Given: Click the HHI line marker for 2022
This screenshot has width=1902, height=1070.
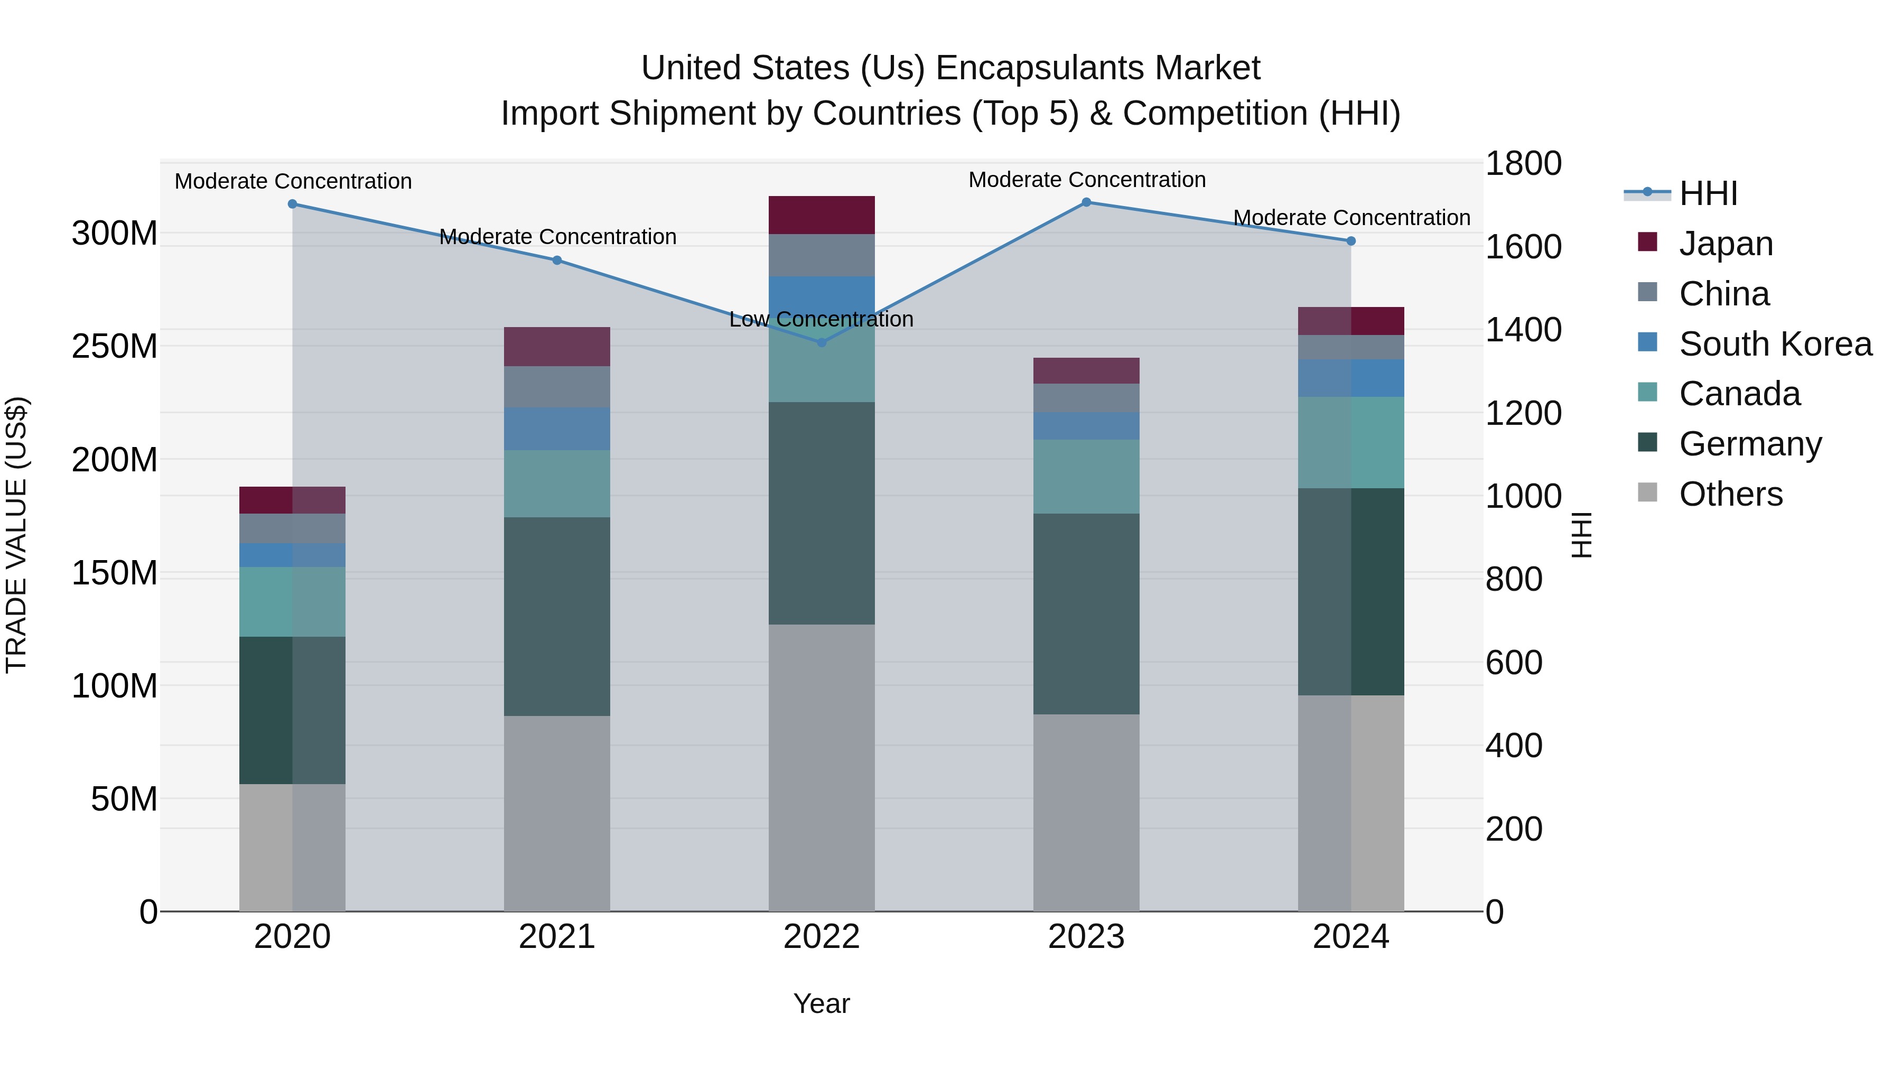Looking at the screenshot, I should point(821,342).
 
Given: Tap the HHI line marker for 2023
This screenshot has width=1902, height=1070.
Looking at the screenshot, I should point(1086,202).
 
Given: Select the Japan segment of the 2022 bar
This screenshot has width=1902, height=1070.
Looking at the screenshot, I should point(821,215).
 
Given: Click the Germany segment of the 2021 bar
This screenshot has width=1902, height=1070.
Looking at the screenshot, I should point(557,616).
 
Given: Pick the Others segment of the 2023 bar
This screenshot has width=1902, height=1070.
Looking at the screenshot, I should point(1086,812).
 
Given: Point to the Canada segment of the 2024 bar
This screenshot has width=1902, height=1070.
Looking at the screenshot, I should point(1350,442).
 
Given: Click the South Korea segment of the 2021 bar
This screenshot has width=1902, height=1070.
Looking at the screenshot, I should point(557,429).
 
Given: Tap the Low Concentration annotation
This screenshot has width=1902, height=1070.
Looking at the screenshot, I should point(821,319).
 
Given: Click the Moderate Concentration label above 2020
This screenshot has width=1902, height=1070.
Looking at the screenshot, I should point(293,181).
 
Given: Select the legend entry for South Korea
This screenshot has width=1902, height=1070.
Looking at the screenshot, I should point(1775,343).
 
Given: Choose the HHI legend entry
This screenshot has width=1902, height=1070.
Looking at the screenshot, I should point(1708,193).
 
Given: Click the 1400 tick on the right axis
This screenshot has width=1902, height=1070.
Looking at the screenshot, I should point(1523,330).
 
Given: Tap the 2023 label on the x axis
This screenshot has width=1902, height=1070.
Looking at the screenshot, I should point(1086,937).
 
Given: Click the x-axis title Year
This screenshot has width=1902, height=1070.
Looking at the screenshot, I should point(821,1003).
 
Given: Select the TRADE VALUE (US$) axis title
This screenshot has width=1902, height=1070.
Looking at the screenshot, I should point(16,535).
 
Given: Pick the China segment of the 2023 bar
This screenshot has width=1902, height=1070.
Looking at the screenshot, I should point(1086,398).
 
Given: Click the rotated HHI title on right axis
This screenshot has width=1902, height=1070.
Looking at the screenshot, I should point(1581,535).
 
